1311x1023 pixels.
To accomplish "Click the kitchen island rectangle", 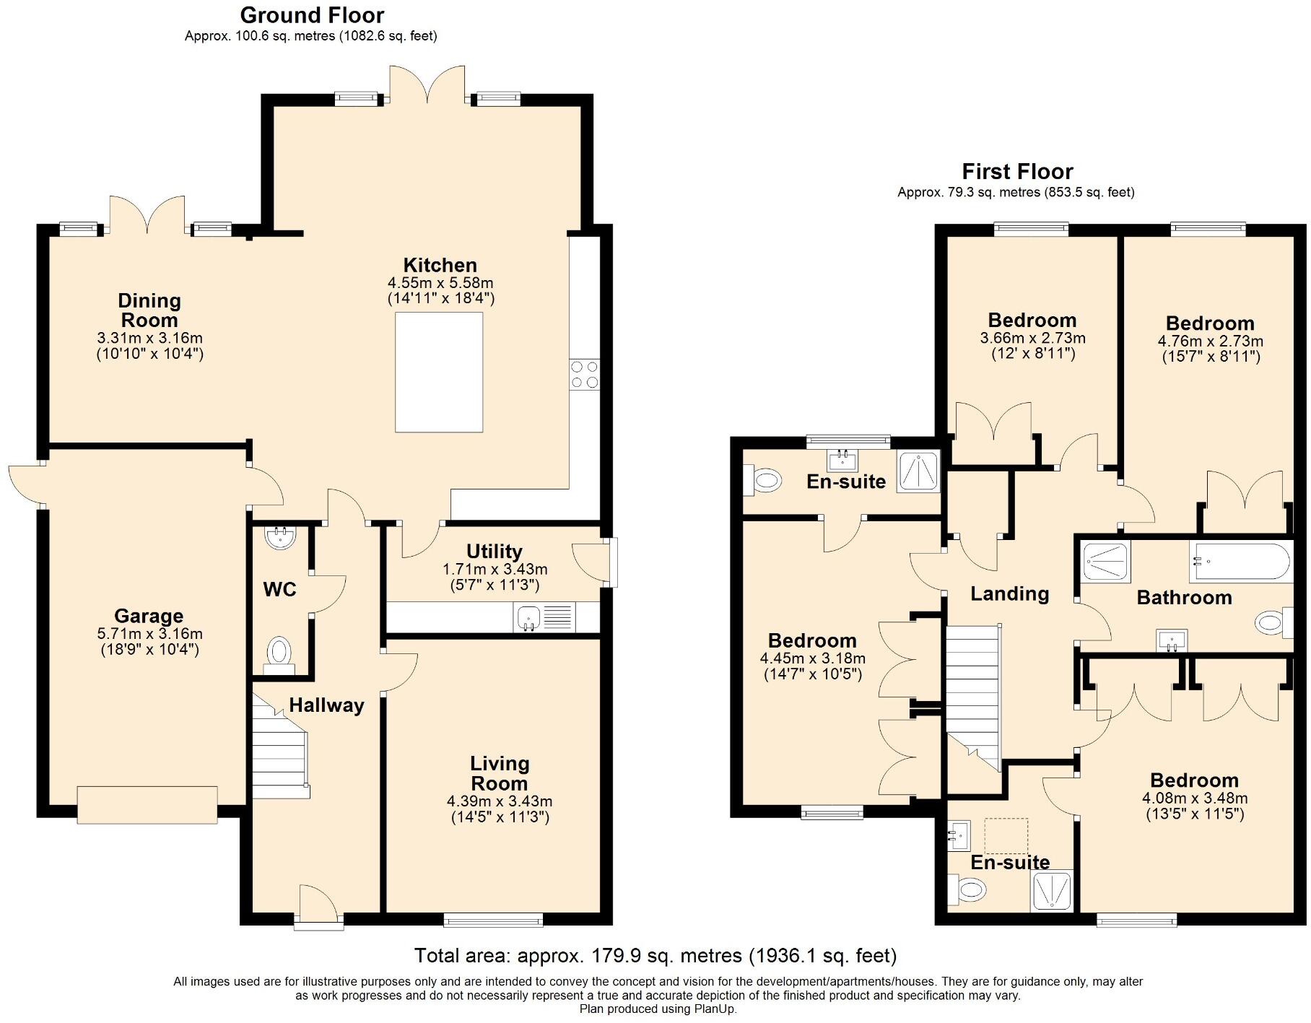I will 438,372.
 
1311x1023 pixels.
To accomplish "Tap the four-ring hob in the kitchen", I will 584,375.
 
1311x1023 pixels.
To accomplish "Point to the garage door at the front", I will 147,804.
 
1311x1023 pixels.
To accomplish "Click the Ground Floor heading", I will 312,14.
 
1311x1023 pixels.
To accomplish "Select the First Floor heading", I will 1016,171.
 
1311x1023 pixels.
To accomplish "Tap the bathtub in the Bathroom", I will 1239,561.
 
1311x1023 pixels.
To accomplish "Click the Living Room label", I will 499,773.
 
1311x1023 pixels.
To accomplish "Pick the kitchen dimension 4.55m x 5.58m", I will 440,282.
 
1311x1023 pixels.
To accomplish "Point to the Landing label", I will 1009,593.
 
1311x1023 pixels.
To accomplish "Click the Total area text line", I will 655,956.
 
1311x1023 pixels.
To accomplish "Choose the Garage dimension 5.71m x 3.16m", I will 149,634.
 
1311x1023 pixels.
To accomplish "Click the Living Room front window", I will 492,920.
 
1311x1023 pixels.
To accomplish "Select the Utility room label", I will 494,552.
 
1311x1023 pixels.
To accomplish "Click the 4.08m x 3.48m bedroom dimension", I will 1194,798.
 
